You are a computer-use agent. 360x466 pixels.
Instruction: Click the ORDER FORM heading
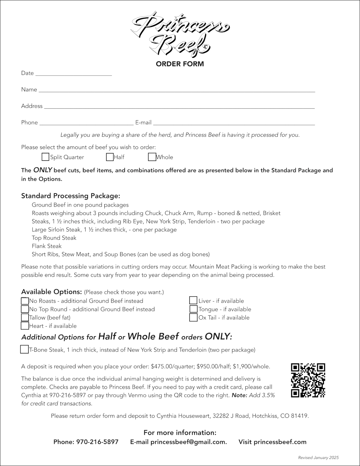(180, 64)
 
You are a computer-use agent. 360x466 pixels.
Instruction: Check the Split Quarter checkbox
(45, 157)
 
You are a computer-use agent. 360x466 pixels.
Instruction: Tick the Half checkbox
(110, 157)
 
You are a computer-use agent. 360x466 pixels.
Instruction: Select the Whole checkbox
(152, 157)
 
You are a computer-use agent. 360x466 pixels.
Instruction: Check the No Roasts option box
(25, 301)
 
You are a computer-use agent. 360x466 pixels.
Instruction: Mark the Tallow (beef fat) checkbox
(25, 318)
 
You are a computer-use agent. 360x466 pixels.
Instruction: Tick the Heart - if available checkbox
(25, 326)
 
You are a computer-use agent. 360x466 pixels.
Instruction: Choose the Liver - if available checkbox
(193, 300)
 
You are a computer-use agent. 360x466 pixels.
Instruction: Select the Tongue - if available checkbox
(193, 309)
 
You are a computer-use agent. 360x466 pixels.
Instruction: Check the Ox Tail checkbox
(193, 318)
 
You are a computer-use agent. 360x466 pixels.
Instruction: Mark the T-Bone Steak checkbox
(24, 349)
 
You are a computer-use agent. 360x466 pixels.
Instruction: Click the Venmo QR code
(308, 380)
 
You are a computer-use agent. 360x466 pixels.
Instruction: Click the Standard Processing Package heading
(71, 196)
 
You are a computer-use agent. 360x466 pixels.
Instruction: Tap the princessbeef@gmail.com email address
(189, 442)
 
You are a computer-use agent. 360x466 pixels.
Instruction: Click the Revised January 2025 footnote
(318, 458)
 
